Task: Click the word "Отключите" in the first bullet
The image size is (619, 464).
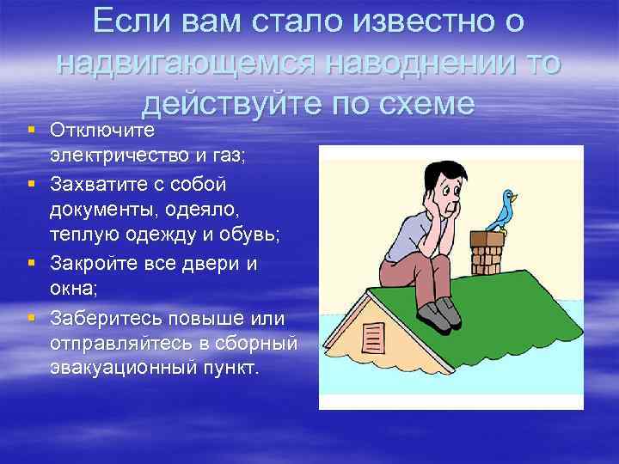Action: coord(101,130)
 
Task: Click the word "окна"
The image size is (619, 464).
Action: coord(72,290)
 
